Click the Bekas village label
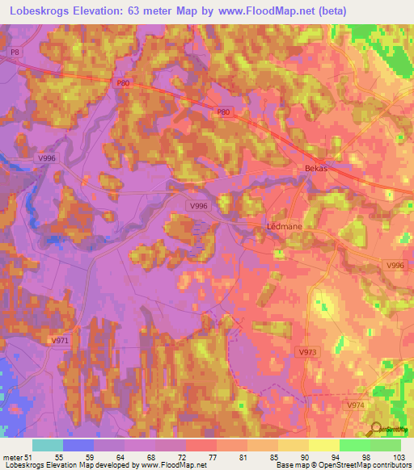pyautogui.click(x=317, y=168)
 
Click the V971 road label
pyautogui.click(x=60, y=342)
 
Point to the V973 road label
pyautogui.click(x=307, y=352)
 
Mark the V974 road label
pyautogui.click(x=356, y=405)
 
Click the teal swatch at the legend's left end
pyautogui.click(x=48, y=445)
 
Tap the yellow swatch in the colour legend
pyautogui.click(x=324, y=445)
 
